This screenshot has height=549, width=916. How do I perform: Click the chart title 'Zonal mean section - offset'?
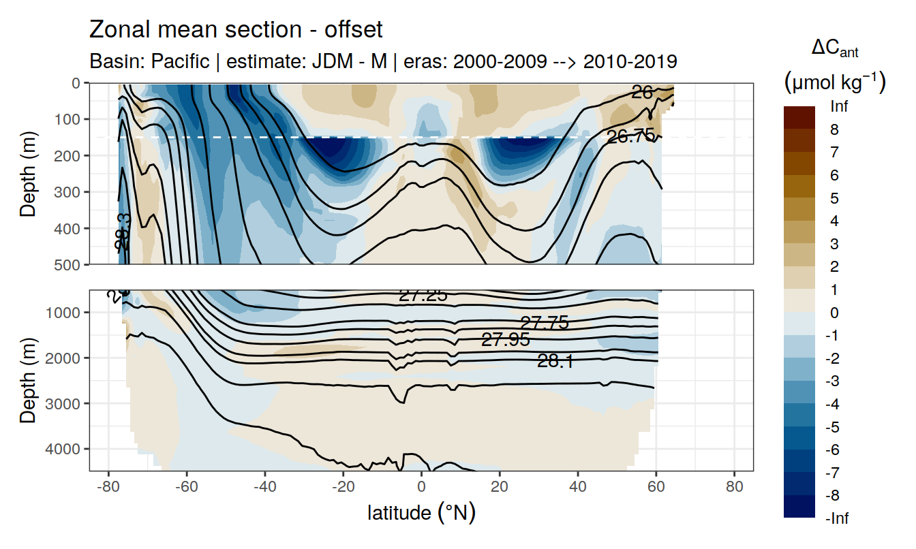tap(236, 30)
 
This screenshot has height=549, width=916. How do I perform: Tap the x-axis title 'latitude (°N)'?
tap(421, 512)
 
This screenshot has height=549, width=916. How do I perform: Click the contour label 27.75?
tap(544, 323)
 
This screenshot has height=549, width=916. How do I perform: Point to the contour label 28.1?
tap(555, 362)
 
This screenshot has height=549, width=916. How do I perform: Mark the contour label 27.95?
tap(505, 340)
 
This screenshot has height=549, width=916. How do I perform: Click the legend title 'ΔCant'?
tap(834, 48)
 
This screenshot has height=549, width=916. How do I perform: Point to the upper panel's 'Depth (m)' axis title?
tap(28, 174)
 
